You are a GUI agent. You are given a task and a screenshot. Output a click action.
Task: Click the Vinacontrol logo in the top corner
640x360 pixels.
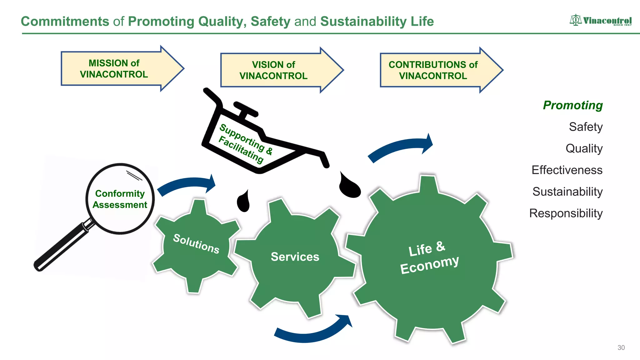point(600,20)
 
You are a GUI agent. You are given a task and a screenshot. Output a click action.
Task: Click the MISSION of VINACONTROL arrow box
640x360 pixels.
point(114,69)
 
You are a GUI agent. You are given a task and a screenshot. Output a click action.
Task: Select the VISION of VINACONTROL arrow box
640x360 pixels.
point(274,70)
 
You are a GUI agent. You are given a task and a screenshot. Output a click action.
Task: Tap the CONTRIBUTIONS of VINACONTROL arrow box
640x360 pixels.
point(433,70)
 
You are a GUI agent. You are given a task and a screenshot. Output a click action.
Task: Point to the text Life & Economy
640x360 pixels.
point(429,258)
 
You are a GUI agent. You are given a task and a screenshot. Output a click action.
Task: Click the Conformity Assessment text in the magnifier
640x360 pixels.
point(120,199)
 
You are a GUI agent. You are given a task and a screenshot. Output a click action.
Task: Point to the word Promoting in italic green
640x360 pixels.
point(572,105)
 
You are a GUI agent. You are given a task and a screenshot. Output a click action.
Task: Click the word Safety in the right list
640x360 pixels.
point(585,127)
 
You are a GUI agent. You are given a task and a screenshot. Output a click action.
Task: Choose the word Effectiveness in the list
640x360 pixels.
point(567,170)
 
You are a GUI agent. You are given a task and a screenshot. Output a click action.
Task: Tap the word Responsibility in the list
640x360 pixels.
point(566,213)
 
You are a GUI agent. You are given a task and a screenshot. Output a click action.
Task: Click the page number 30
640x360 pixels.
point(621,347)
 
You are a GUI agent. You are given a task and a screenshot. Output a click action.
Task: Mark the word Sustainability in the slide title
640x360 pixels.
point(363,22)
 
